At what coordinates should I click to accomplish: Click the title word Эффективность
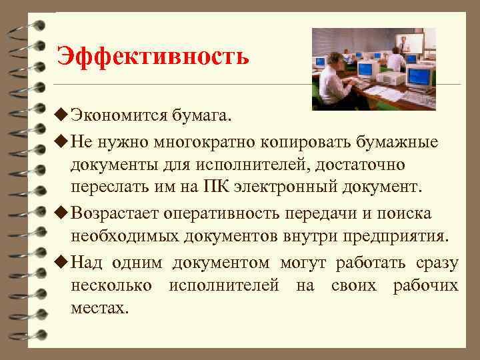pyautogui.click(x=153, y=56)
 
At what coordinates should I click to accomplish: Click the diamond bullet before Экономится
pyautogui.click(x=63, y=117)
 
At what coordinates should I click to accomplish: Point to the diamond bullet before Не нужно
pyautogui.click(x=63, y=142)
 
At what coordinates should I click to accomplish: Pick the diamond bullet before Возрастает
pyautogui.click(x=63, y=213)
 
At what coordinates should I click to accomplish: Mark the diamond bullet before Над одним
pyautogui.click(x=63, y=263)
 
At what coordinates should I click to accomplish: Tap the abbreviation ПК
pyautogui.click(x=216, y=188)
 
